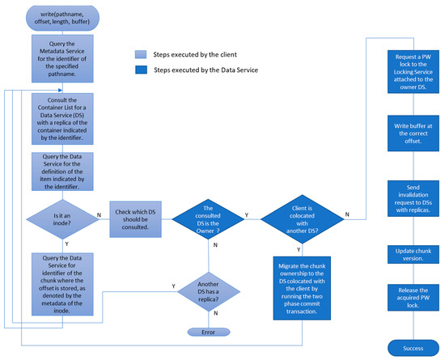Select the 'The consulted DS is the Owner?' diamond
tap(208, 218)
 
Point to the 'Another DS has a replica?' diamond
tap(208, 289)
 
